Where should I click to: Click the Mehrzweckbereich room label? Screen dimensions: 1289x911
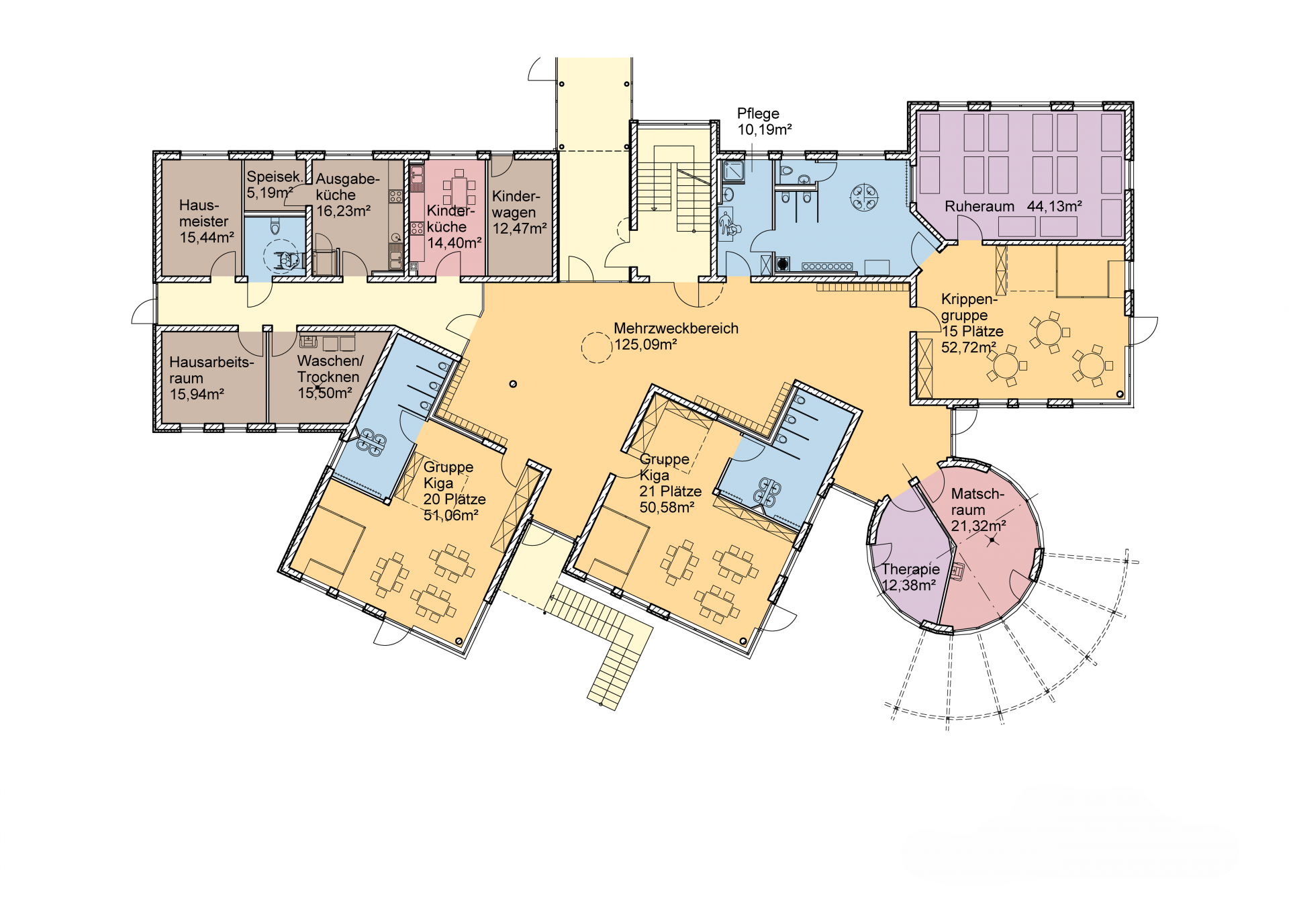coord(676,328)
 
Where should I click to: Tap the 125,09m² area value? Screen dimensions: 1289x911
coord(646,345)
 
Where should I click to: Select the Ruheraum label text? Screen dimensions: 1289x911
coord(980,207)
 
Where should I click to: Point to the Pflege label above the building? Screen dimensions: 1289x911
coord(758,114)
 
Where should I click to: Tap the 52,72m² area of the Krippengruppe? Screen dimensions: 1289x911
coord(969,348)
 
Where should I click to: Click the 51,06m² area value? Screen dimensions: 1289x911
coord(450,516)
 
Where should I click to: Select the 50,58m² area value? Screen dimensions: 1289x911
coord(667,508)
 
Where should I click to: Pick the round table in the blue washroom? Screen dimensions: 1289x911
coord(864,197)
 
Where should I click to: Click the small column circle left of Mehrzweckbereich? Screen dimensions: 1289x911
coord(513,384)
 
